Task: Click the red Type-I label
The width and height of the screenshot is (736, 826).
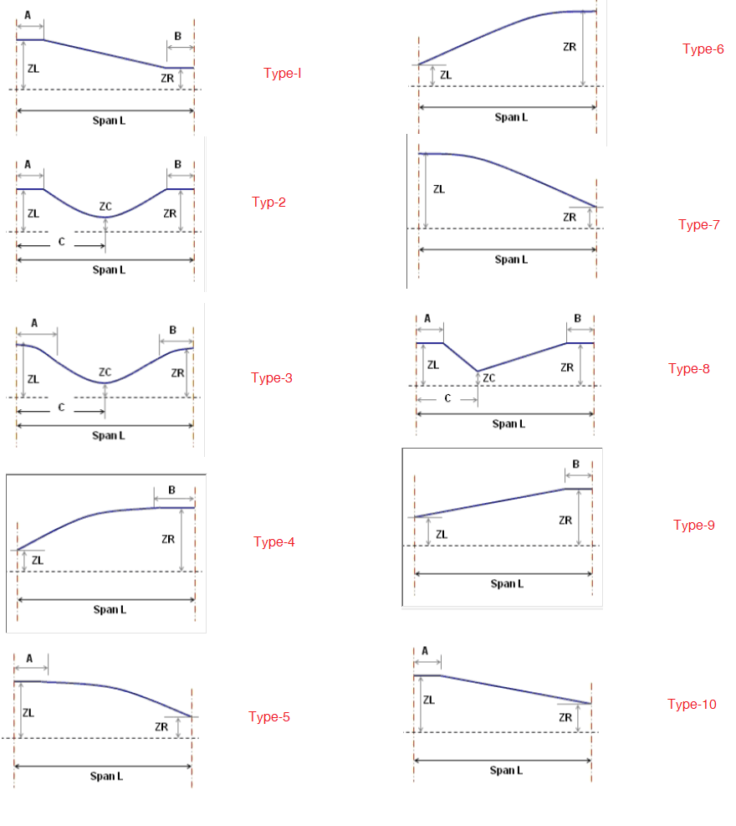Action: click(282, 73)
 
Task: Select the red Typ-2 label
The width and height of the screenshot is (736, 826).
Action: click(268, 202)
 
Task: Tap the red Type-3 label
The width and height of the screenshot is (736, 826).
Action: click(272, 377)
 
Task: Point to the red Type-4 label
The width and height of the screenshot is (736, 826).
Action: click(274, 541)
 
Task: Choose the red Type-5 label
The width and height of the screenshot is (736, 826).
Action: click(269, 716)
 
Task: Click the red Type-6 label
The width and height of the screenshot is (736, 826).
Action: click(703, 49)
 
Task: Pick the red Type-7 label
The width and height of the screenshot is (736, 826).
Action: click(699, 224)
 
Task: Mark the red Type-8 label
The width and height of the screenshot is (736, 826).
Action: click(689, 368)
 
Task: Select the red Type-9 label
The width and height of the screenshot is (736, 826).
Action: click(694, 525)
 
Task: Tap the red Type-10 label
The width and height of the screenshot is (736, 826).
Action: click(692, 704)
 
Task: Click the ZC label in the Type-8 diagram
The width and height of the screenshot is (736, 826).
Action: click(488, 378)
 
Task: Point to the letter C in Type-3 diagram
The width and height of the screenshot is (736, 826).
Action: click(61, 408)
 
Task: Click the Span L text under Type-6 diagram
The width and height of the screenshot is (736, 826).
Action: click(511, 117)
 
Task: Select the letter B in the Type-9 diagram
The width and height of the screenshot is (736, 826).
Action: click(576, 464)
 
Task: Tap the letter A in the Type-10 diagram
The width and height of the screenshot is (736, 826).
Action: click(425, 650)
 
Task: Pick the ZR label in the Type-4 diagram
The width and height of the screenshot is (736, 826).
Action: click(168, 539)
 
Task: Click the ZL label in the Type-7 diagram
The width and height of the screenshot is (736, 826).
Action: click(439, 189)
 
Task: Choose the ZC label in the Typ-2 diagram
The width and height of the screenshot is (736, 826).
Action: click(105, 206)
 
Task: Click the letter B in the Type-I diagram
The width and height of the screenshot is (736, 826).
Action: click(178, 36)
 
